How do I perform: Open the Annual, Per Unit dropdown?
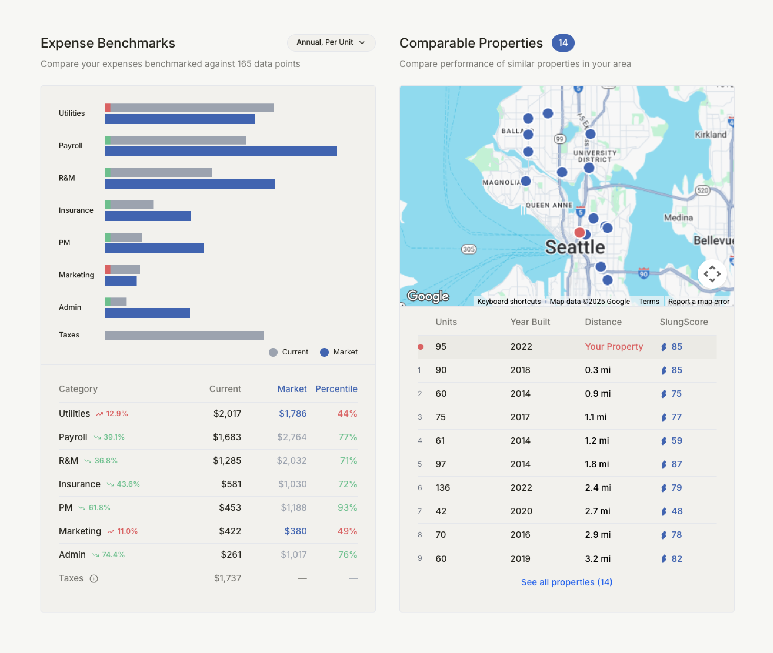point(331,43)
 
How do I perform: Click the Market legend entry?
point(339,352)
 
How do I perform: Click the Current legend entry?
point(289,352)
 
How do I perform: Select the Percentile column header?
point(336,389)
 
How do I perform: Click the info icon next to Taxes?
point(94,579)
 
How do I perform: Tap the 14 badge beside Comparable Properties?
point(563,43)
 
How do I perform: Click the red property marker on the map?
point(579,232)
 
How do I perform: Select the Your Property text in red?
point(614,347)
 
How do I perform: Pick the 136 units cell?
point(443,488)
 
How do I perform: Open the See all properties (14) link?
point(566,582)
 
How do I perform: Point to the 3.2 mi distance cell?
point(597,559)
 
